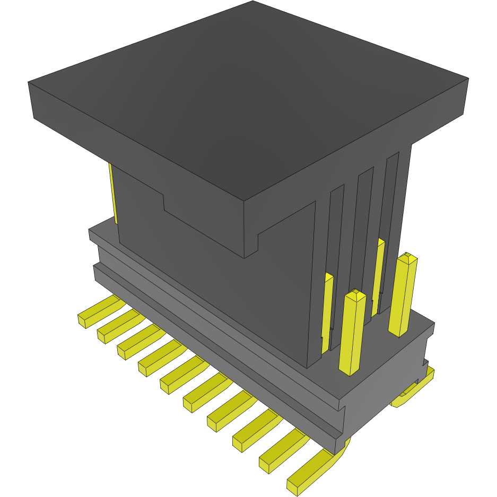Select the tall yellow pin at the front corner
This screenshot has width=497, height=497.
(x=353, y=334)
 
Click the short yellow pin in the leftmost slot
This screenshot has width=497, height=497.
(x=328, y=313)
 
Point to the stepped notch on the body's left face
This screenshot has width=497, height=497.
(x=164, y=204)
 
